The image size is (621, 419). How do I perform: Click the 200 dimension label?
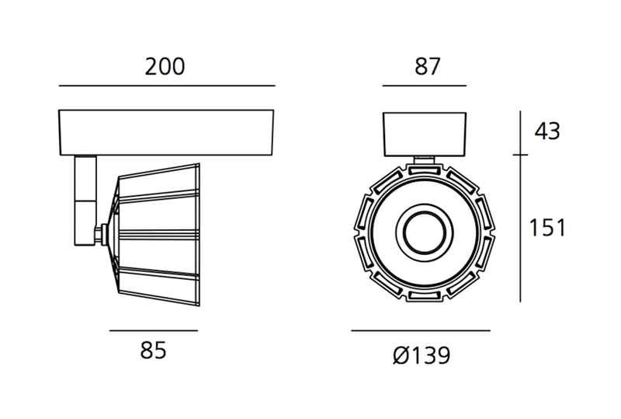pos(165,67)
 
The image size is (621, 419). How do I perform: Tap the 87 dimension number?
pos(428,67)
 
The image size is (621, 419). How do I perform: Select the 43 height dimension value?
pos(547,131)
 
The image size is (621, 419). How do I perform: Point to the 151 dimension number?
pos(547,228)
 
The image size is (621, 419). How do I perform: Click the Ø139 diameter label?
pos(422,354)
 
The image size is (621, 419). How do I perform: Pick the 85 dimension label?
pos(153,351)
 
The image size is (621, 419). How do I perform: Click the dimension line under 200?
pos(167,86)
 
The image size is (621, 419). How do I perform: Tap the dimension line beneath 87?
pos(424,86)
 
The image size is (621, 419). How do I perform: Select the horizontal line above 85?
pos(154,330)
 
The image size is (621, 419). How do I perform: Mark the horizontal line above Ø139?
pos(421,330)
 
